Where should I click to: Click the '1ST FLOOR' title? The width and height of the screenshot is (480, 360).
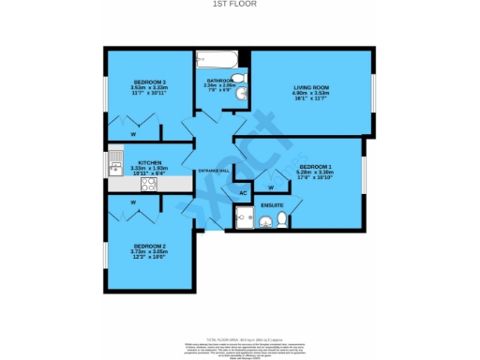coord(240,5)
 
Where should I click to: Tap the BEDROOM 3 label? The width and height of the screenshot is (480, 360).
coord(149,82)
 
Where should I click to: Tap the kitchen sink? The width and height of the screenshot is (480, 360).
coord(115,168)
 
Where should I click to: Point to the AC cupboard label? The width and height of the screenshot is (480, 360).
coord(242,194)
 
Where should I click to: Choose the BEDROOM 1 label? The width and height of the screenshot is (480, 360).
coord(314,166)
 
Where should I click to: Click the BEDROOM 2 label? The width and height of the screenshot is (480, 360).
coord(149,247)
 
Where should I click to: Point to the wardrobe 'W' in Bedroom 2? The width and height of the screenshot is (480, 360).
coord(133,202)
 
